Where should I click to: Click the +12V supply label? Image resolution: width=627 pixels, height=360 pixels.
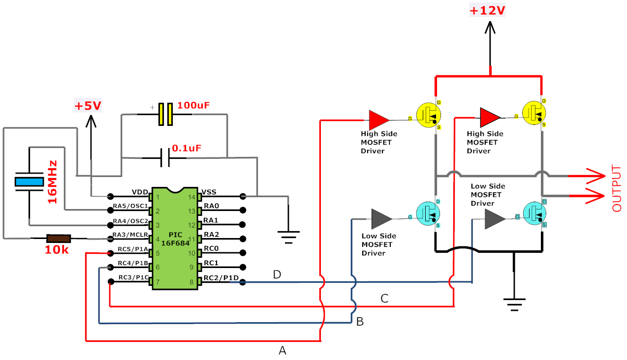(x=487, y=11)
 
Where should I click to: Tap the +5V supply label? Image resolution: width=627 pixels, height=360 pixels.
(x=88, y=106)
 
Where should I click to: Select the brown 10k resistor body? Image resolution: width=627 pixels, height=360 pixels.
(x=59, y=239)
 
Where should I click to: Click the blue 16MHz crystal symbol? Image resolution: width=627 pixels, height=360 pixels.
(x=30, y=182)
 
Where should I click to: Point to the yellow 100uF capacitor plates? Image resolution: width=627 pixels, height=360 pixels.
(x=165, y=114)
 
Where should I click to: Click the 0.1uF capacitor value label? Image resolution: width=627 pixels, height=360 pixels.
(x=187, y=148)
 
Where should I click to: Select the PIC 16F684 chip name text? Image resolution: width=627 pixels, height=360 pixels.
(x=176, y=239)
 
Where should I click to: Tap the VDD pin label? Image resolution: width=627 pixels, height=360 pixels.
(x=140, y=192)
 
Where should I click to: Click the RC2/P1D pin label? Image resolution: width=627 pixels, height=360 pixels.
(x=221, y=278)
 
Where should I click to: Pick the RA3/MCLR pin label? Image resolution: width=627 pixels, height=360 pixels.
(x=130, y=235)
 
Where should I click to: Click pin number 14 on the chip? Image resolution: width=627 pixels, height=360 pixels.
(x=191, y=197)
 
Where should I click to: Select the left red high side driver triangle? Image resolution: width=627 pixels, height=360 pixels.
(x=379, y=120)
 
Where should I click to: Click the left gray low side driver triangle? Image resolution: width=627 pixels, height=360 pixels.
(x=382, y=219)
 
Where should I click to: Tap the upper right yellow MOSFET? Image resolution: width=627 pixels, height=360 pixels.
(x=534, y=113)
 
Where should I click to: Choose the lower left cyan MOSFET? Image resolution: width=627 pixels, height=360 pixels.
(x=428, y=214)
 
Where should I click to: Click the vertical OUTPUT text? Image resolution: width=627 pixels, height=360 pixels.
(x=617, y=188)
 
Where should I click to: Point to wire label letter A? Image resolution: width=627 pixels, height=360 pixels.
(x=282, y=350)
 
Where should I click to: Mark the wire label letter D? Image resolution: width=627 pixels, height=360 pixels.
(x=277, y=275)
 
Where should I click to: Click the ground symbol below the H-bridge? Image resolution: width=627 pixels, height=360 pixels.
(x=514, y=304)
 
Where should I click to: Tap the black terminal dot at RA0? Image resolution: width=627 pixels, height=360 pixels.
(x=243, y=210)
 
